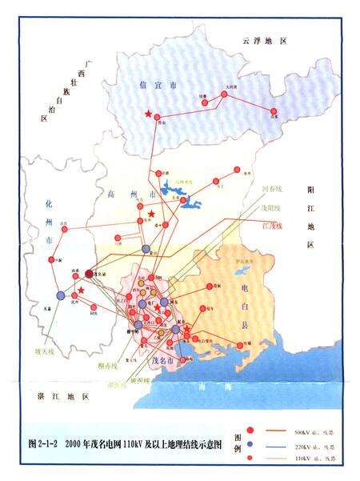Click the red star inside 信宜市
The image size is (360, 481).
coord(148,114)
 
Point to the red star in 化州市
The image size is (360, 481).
coord(81,290)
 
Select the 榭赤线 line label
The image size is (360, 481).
coord(107,366)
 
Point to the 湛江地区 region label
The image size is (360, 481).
coord(55,396)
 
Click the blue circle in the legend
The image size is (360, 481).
coord(250,444)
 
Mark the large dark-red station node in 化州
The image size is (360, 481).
coord(90,273)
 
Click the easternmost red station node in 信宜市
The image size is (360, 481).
coord(276,111)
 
